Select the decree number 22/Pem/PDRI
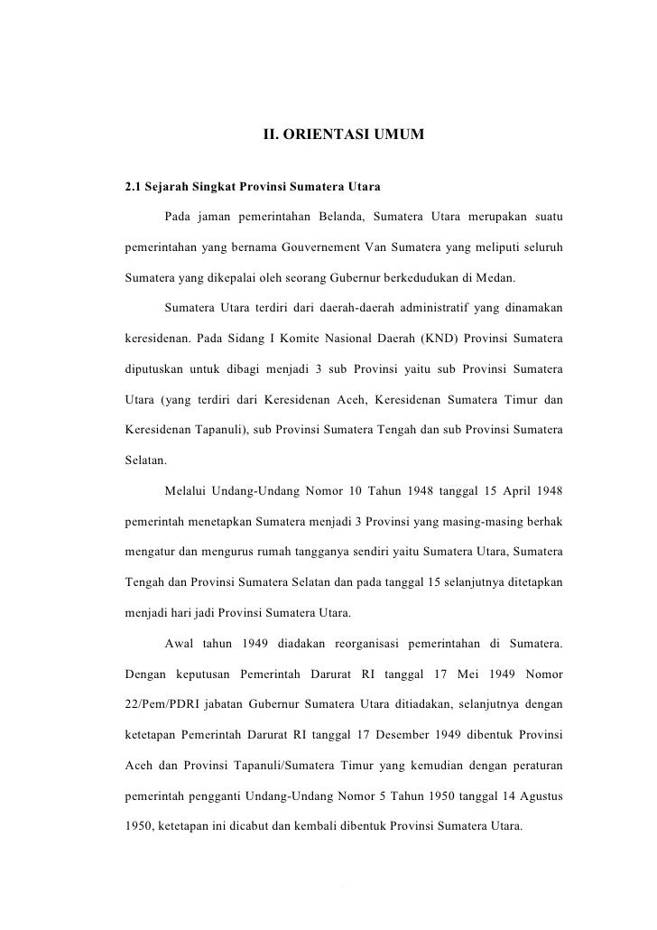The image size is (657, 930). [x=166, y=703]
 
